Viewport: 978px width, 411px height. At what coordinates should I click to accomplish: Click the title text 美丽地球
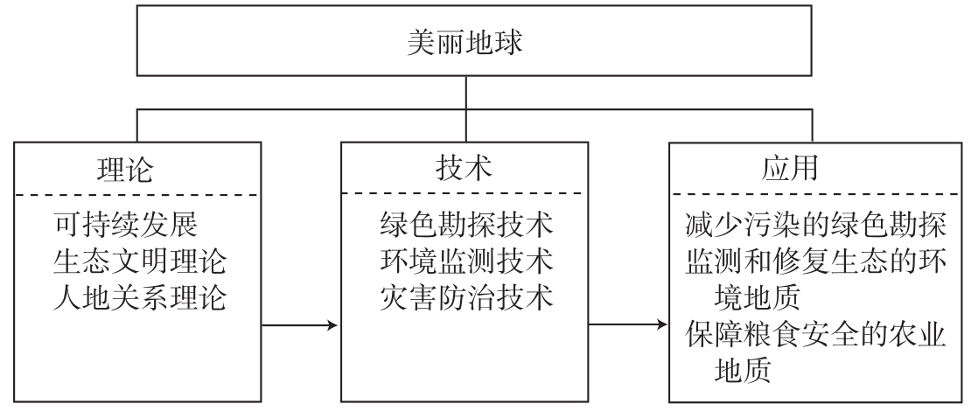465,44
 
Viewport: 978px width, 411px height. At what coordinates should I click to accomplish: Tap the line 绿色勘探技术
467,226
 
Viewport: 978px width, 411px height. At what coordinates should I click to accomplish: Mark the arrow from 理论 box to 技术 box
299,326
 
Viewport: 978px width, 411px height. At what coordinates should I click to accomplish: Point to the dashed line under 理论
136,194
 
